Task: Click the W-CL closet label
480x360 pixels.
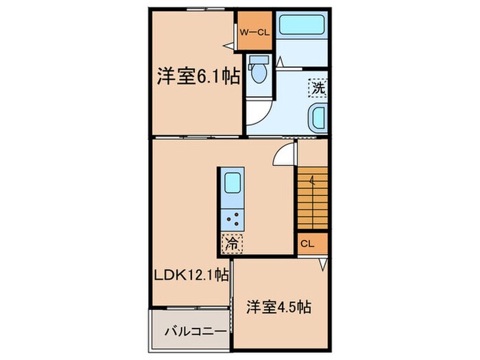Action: click(x=255, y=31)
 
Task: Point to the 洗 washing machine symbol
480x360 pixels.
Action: click(x=317, y=87)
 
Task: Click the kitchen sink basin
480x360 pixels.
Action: click(x=232, y=184)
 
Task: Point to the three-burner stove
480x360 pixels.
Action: click(x=232, y=219)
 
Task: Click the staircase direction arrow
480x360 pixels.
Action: click(x=312, y=182)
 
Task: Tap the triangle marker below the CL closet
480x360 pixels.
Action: click(x=323, y=263)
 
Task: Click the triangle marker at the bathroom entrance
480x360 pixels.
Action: click(x=280, y=62)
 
